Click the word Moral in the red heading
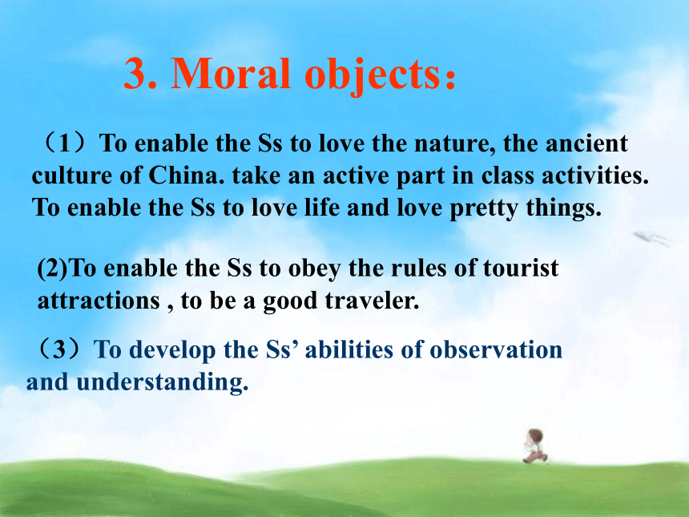[x=231, y=73]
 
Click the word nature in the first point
[x=455, y=143]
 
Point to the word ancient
[x=586, y=143]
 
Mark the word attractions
[x=99, y=301]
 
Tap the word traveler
[x=372, y=301]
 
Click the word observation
[x=496, y=350]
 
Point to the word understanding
[x=162, y=382]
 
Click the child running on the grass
[x=535, y=446]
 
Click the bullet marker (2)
[x=53, y=269]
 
